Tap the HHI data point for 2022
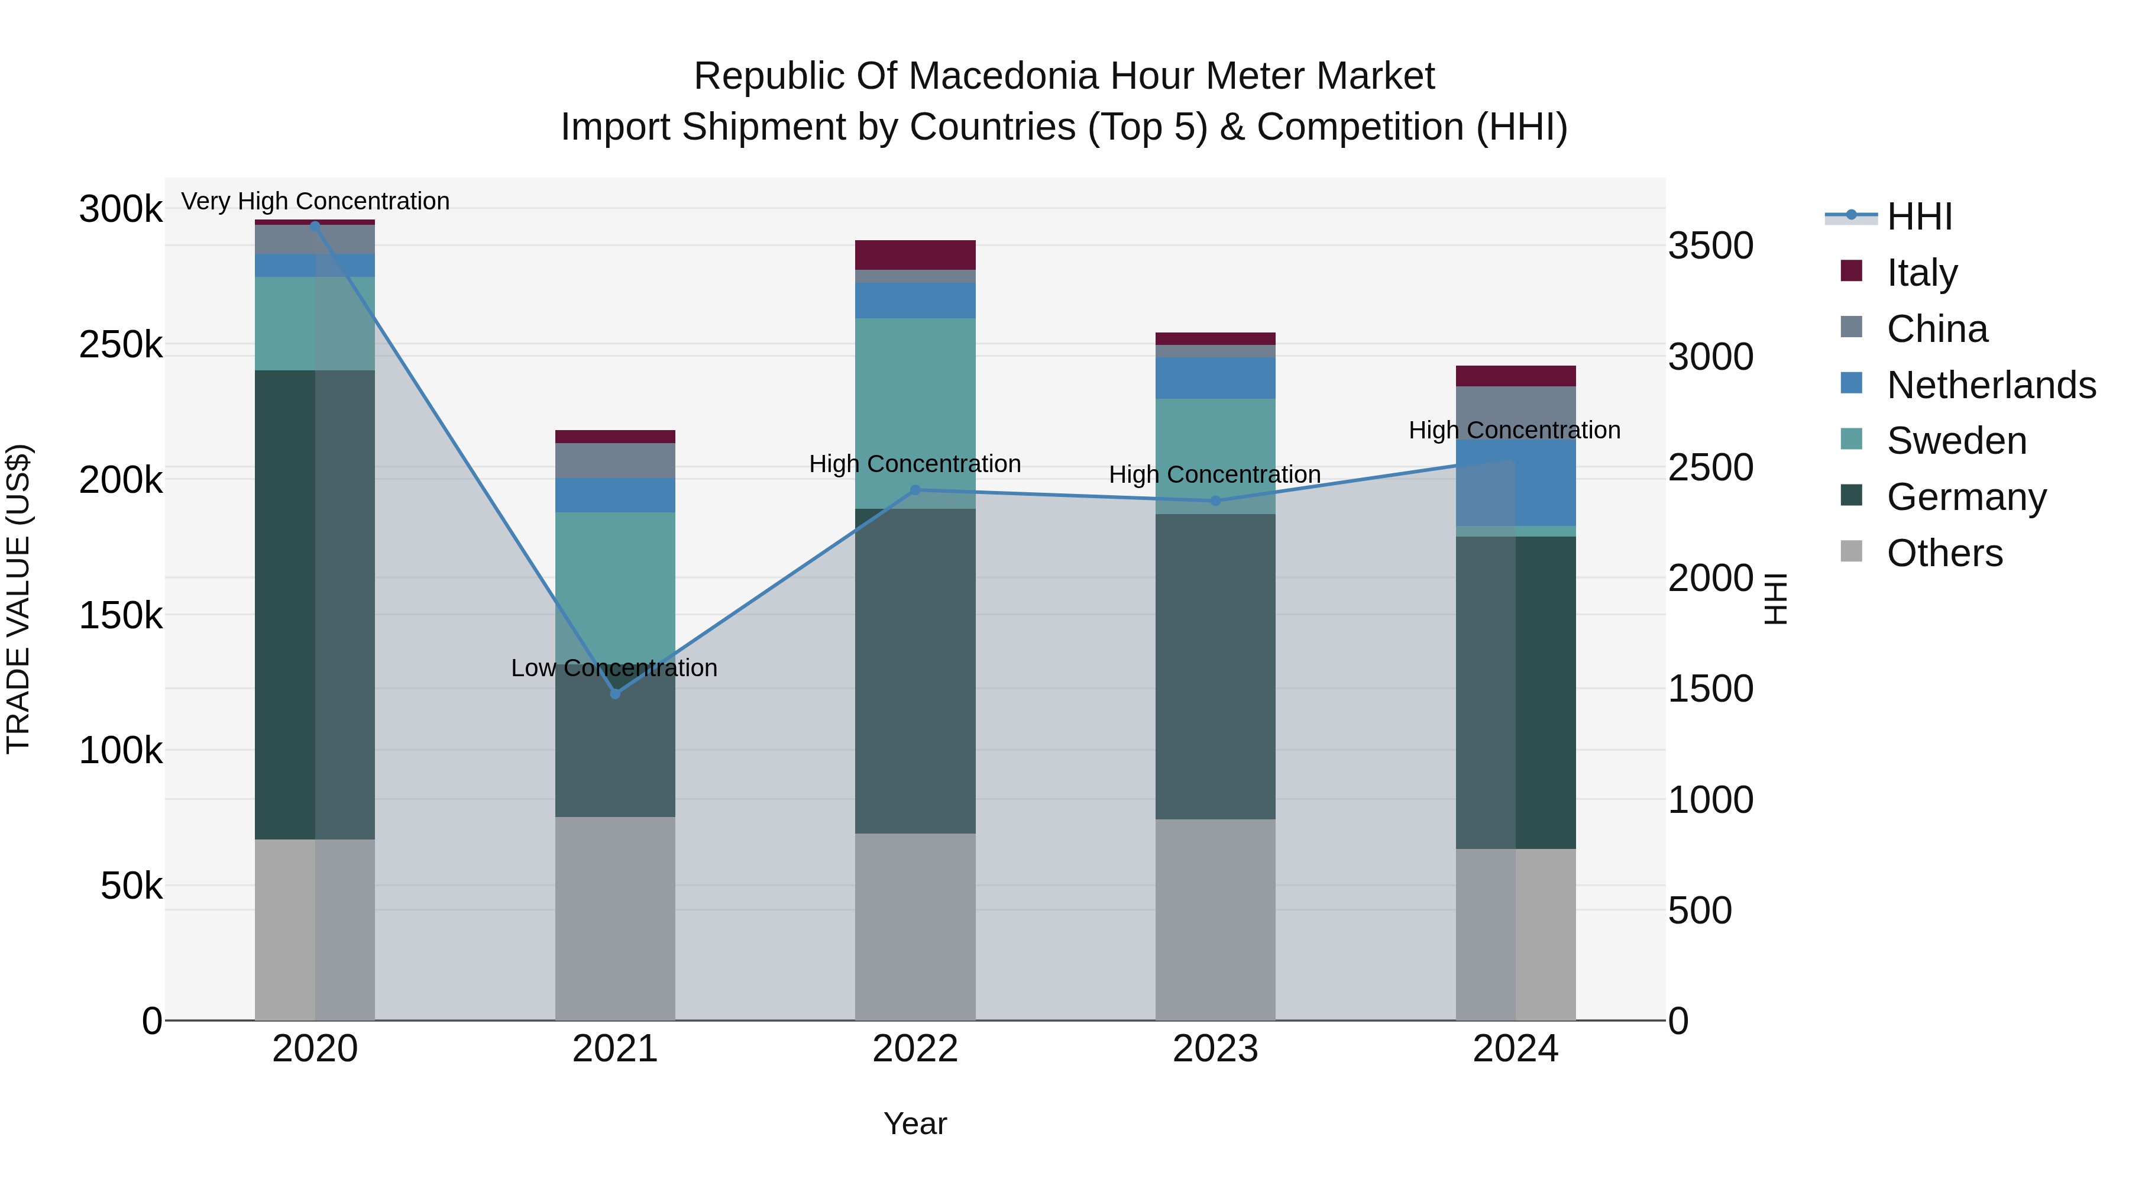915,490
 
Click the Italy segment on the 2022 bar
915,254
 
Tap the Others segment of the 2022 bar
915,926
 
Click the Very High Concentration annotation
315,201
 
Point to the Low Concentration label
614,668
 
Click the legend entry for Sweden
1956,441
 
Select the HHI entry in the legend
1919,217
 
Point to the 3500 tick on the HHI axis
1710,246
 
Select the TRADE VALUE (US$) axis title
18,599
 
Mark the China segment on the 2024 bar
1516,412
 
